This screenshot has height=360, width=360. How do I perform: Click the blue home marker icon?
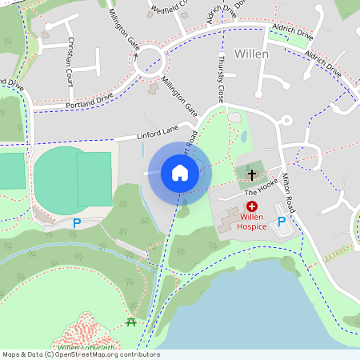coord(179,172)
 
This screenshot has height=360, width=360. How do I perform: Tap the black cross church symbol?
coord(252,174)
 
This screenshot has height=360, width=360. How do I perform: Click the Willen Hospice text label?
coord(251,221)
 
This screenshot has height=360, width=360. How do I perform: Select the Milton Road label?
coord(286,194)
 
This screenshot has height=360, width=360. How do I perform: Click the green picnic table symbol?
coord(130,322)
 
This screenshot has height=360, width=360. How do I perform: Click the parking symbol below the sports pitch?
coord(77,223)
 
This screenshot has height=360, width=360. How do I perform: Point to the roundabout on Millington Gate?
coord(150,60)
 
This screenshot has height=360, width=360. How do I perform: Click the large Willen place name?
coord(252,54)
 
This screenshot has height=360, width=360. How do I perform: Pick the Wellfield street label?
coord(169,10)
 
